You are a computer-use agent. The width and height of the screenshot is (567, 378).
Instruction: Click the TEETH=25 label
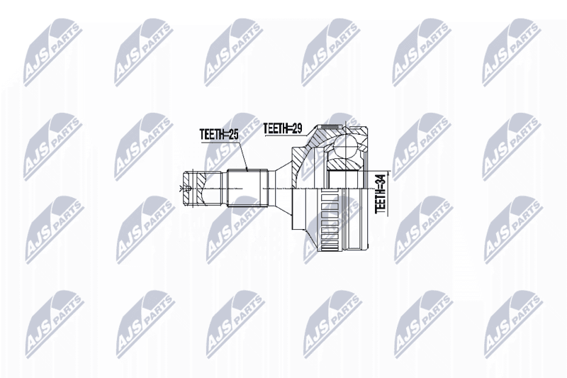click(219, 134)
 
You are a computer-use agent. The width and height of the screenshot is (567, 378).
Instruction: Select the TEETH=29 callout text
click(282, 128)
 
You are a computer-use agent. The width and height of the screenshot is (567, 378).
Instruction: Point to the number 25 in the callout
click(234, 134)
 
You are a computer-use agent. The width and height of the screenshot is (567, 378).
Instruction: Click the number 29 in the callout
click(297, 128)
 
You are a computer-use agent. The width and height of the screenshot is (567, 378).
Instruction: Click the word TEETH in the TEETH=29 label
click(274, 128)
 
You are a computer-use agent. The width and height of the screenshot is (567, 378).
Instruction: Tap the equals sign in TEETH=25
click(226, 135)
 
